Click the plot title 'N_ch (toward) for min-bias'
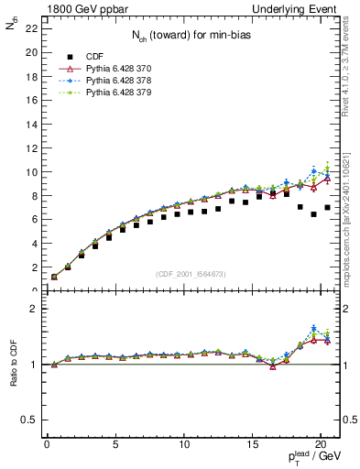click(x=191, y=36)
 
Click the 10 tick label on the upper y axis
click(x=30, y=172)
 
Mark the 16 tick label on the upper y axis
click(x=30, y=101)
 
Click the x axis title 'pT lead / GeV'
click(x=311, y=460)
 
